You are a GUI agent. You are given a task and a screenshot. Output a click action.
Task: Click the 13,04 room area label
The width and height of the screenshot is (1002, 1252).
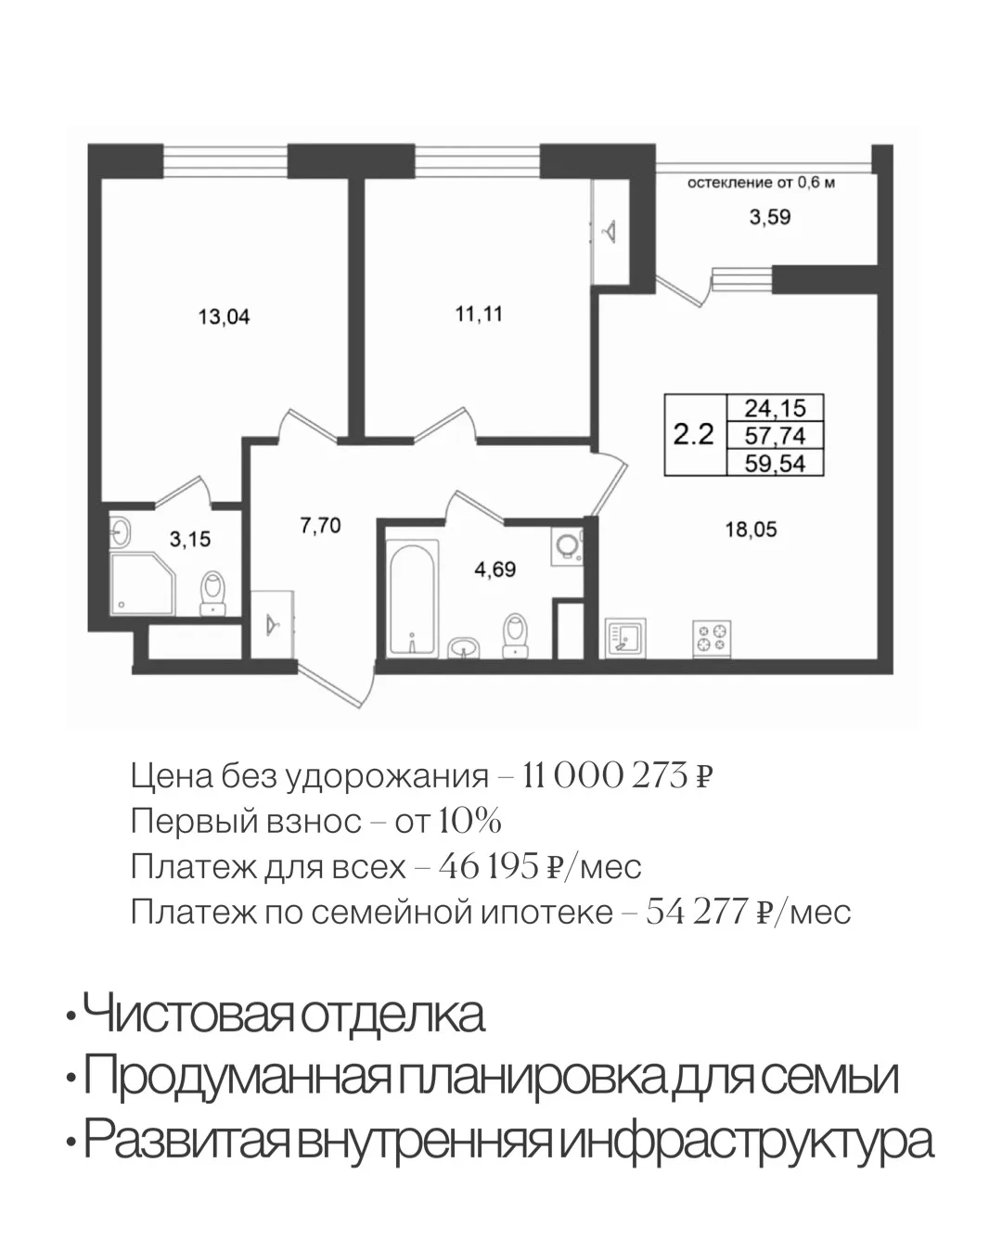point(224,317)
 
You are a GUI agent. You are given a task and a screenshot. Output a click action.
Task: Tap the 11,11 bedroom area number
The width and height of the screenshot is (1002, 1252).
point(478,314)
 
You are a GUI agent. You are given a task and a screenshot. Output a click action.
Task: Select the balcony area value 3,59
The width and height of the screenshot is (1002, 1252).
point(769,217)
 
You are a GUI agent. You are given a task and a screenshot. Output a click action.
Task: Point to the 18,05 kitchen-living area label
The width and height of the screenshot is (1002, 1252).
point(751,530)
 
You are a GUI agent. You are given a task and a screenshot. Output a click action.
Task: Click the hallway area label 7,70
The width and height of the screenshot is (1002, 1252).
point(320,525)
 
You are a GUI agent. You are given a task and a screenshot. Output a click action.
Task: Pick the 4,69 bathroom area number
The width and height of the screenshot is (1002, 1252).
point(495,569)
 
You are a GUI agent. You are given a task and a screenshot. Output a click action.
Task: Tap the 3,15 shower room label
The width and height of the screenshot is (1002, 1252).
point(190,540)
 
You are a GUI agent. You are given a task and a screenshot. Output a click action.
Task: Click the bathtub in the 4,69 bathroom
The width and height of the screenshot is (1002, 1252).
point(413,599)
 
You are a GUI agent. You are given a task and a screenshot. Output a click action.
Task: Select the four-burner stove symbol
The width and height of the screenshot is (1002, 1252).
point(712,639)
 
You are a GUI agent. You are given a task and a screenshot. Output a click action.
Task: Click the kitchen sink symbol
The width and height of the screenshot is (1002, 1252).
point(625,638)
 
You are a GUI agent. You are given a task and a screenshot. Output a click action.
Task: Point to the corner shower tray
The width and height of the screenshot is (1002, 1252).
point(142,583)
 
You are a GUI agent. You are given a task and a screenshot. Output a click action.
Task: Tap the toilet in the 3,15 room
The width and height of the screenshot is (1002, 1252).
point(213,593)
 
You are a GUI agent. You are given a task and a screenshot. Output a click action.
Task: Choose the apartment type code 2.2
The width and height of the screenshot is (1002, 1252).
point(693,435)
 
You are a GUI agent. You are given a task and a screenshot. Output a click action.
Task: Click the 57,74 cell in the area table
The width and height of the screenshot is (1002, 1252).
point(775,435)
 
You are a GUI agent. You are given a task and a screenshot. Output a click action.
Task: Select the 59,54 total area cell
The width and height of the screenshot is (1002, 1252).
point(775,463)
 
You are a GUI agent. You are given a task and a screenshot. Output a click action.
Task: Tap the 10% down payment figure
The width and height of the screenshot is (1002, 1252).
point(469,821)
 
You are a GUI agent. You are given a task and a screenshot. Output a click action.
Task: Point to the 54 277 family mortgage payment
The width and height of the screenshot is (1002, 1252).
point(697,912)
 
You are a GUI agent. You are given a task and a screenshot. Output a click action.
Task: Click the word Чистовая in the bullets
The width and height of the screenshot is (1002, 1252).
point(186,1014)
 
